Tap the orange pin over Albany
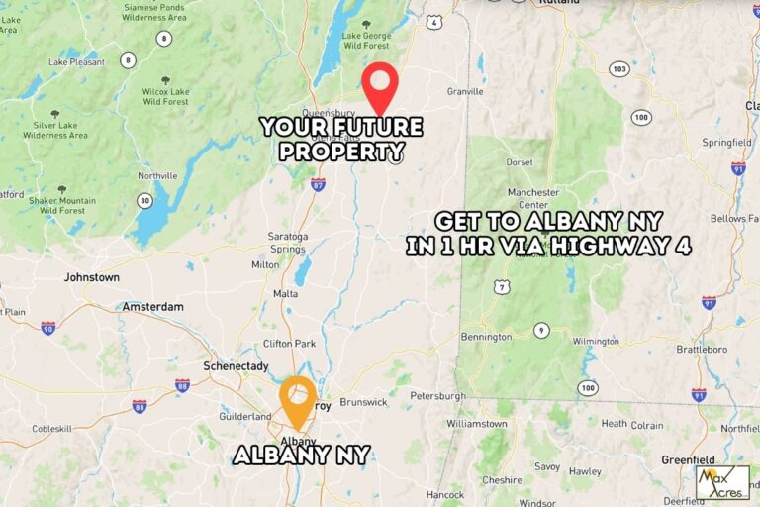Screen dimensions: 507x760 [x=297, y=396]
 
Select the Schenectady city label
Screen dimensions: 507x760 [x=236, y=365]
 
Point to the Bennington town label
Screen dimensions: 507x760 [x=486, y=337]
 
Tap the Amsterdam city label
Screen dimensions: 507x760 [x=152, y=307]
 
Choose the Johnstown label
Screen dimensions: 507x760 [x=91, y=277]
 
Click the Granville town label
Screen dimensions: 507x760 [x=464, y=91]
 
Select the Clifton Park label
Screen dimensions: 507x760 [x=290, y=344]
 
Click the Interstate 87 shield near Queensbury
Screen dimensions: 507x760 [x=318, y=184]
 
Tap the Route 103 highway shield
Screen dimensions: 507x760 [x=619, y=68]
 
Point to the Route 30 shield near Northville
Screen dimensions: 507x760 [x=145, y=201]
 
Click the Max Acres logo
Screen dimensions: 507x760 [x=722, y=482]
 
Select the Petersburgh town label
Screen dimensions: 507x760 [x=437, y=395]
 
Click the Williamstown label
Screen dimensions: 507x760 [x=476, y=423]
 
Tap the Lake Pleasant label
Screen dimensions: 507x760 [x=76, y=61]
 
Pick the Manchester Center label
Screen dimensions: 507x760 [x=534, y=198]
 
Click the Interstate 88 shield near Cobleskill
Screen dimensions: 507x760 [x=140, y=406]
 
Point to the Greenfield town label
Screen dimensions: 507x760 [x=689, y=459]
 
